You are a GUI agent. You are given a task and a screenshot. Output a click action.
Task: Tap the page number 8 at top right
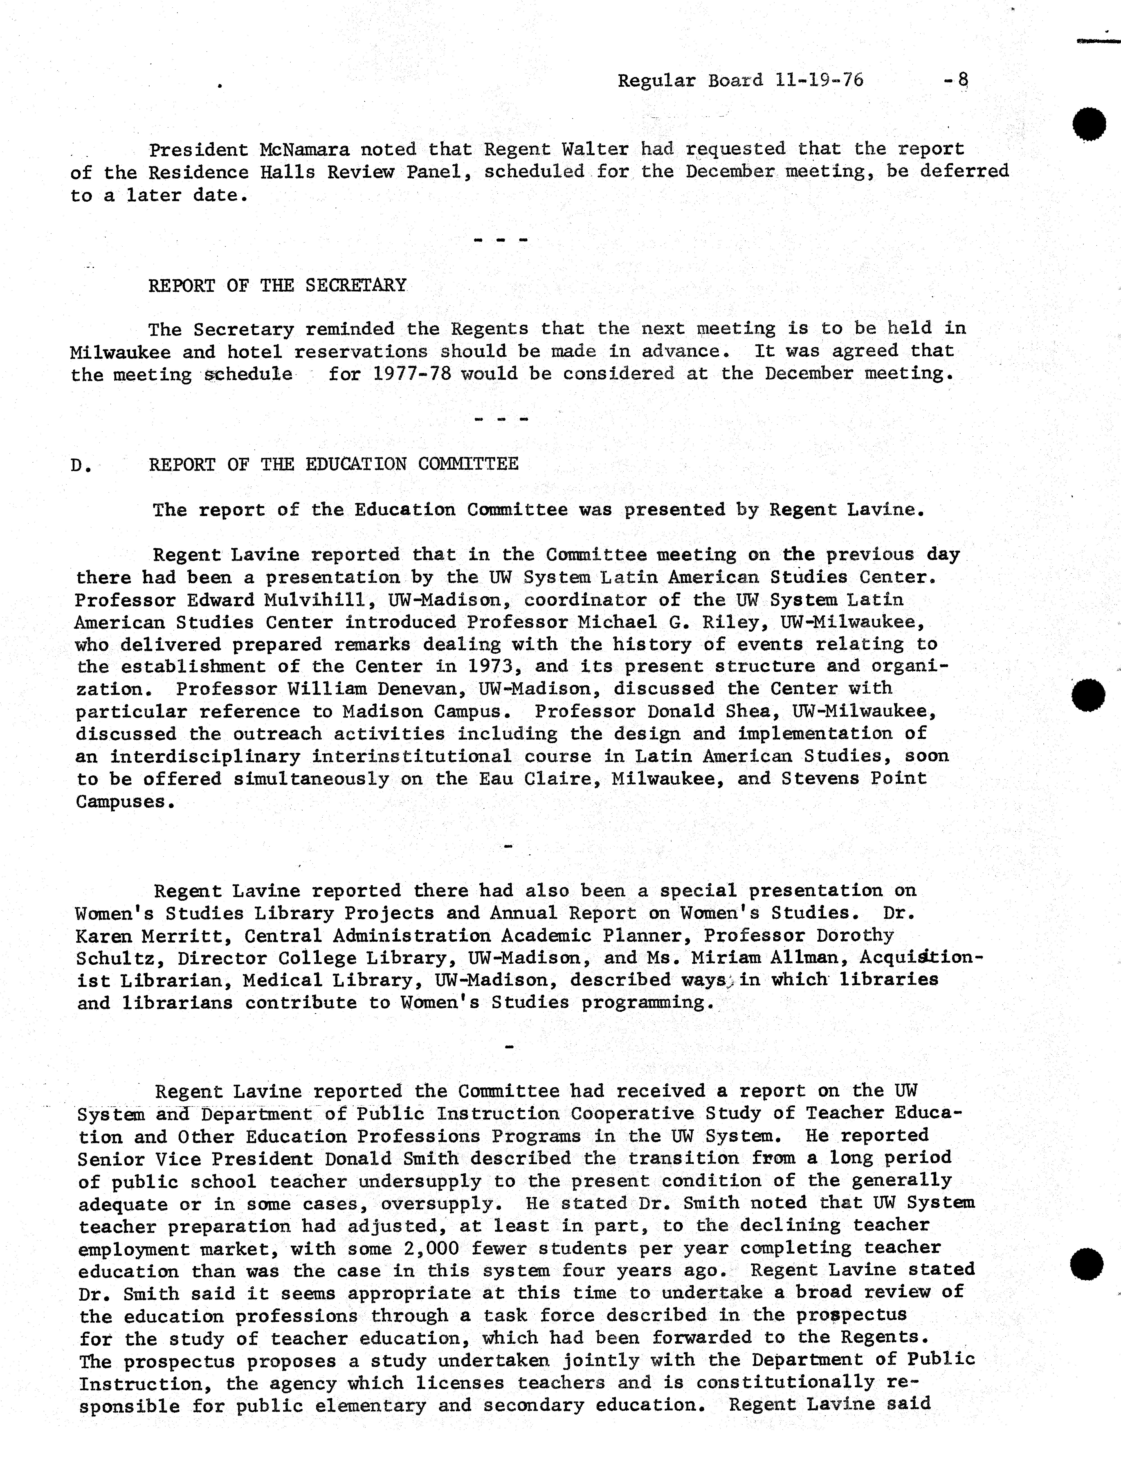(x=962, y=80)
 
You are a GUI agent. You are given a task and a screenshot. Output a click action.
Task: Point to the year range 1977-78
(x=412, y=373)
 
